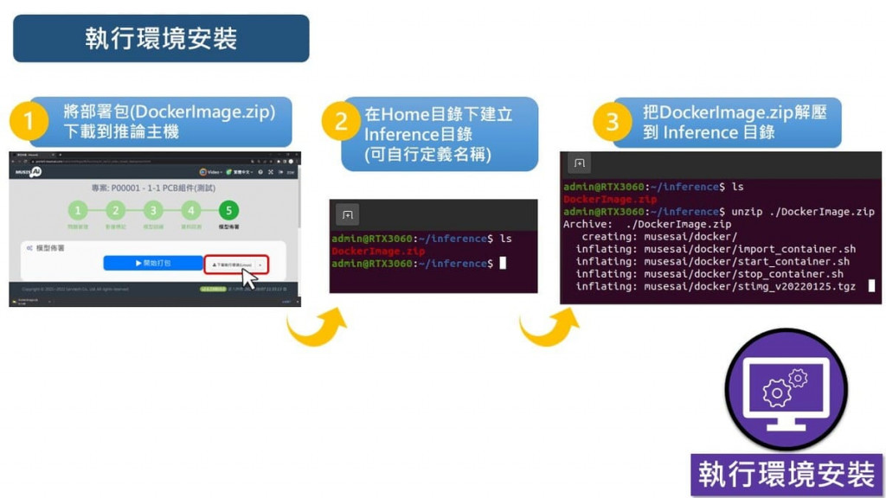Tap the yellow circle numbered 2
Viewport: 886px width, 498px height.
coord(341,122)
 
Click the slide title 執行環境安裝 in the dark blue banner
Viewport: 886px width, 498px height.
coord(161,38)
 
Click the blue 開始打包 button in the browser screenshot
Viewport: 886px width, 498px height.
coord(153,262)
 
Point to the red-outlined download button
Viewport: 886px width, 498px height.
coord(236,263)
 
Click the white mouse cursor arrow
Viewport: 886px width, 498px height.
coord(251,280)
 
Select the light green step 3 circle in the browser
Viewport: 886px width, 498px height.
coord(153,210)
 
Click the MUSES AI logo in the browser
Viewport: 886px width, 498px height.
coord(28,172)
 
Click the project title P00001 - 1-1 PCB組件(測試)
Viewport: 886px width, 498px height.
coord(153,188)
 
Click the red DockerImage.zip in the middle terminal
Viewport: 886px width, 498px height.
coord(378,251)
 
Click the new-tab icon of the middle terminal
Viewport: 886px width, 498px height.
coord(347,214)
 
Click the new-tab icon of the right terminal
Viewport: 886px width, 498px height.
coord(579,163)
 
